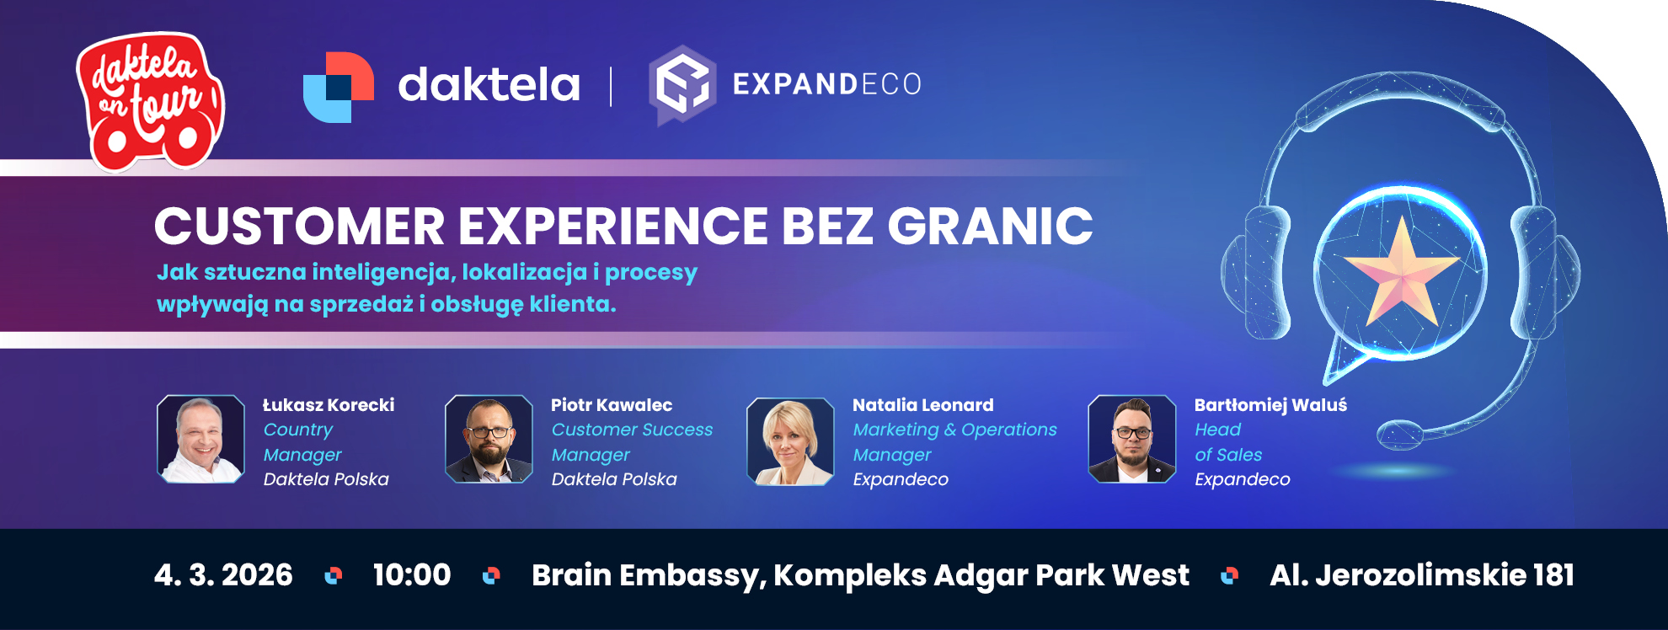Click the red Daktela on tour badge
(x=150, y=101)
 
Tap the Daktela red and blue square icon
(x=339, y=88)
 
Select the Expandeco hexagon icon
(x=682, y=84)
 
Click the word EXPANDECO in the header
(x=827, y=84)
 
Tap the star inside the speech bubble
(x=1400, y=272)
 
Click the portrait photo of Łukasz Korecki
(x=201, y=439)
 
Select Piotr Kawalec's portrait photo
(x=489, y=439)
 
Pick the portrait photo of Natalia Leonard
(x=790, y=441)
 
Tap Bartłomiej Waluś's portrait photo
(x=1132, y=439)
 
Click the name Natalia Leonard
(x=923, y=405)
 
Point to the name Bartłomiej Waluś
(x=1270, y=405)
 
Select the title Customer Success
(x=632, y=430)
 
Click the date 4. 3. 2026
(x=223, y=574)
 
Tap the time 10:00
(x=412, y=574)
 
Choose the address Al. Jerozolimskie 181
(x=1422, y=574)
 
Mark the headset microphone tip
(x=1399, y=435)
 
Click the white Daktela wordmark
(x=489, y=84)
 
